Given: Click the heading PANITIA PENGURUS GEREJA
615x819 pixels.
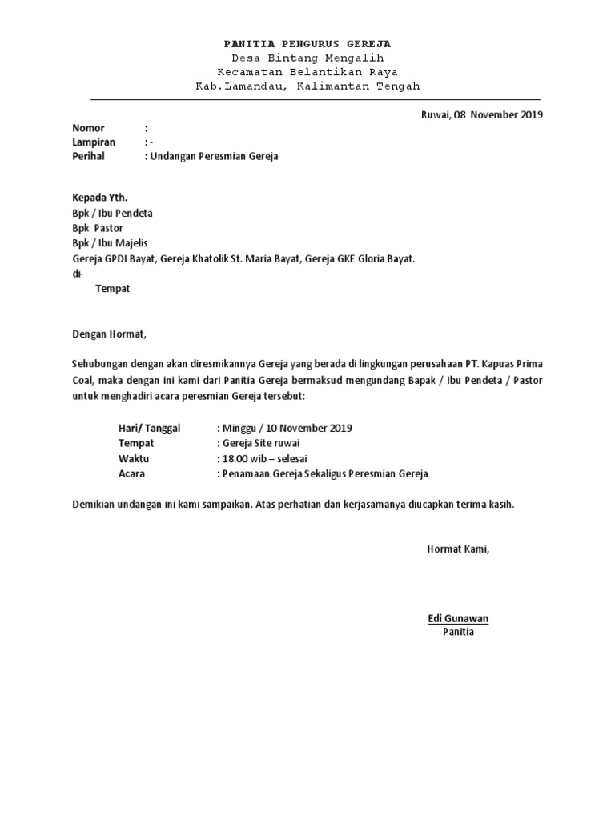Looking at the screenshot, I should coord(307,43).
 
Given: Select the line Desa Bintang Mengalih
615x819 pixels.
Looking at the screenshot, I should coord(307,58).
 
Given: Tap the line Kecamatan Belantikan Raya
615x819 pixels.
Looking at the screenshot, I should coord(307,72).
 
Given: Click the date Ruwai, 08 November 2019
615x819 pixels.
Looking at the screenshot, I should coord(481,114).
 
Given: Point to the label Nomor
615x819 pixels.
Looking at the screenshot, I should coord(89,128).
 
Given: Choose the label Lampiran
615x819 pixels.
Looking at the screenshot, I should coord(94,142).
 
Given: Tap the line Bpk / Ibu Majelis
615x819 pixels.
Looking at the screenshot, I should coord(110,242).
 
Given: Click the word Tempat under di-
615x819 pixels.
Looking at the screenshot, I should coord(112,288).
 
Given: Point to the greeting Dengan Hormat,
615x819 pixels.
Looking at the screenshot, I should coord(111,334).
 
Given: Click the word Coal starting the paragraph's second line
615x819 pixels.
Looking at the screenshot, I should coord(83,380).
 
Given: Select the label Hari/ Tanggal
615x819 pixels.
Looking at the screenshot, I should coord(150,428).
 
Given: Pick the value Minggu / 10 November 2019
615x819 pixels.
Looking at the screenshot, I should coord(285,428).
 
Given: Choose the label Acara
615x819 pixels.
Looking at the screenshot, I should coord(132,473).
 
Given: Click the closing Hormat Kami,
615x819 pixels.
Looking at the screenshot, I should coord(457,549).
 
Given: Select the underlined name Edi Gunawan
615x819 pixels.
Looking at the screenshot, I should coord(458,618).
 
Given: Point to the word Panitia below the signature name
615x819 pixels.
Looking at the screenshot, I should coord(458,632).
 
